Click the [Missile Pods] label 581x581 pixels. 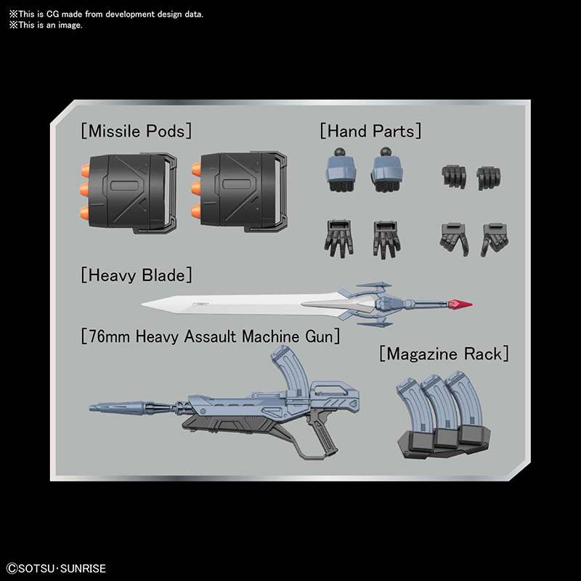pyautogui.click(x=137, y=131)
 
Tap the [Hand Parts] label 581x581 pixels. pyautogui.click(x=370, y=131)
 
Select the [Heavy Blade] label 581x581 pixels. pyautogui.click(x=137, y=275)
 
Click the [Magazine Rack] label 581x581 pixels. pyautogui.click(x=444, y=354)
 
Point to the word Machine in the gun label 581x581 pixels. pyautogui.click(x=270, y=336)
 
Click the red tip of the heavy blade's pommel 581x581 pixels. pyautogui.click(x=460, y=304)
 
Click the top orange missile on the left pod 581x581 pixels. pyautogui.click(x=85, y=171)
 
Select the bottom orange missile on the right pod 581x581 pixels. pyautogui.click(x=196, y=212)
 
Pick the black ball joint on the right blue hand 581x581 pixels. pyautogui.click(x=386, y=152)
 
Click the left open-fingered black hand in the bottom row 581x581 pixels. pyautogui.click(x=338, y=238)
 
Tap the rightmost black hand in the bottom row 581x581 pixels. pyautogui.click(x=495, y=239)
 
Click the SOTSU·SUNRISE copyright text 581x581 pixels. pyautogui.click(x=57, y=569)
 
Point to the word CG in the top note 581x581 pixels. pyautogui.click(x=52, y=15)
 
